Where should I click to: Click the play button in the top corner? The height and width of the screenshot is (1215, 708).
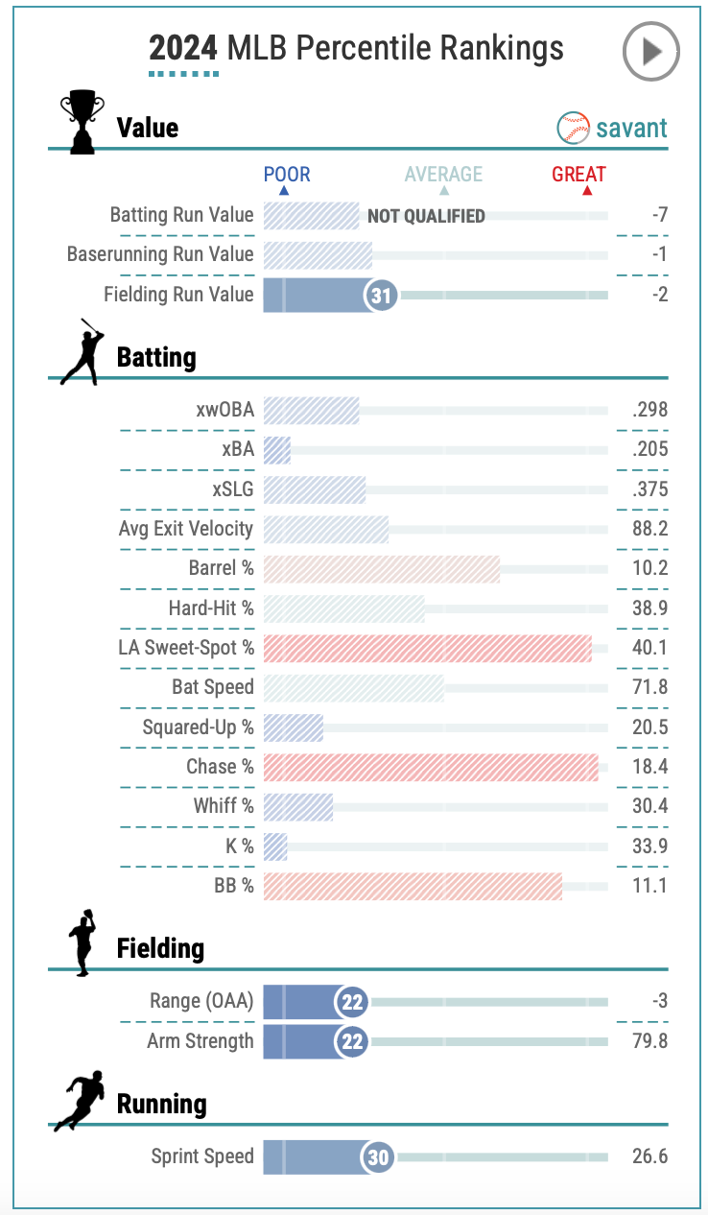(650, 51)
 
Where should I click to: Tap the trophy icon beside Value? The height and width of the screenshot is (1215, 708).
(82, 122)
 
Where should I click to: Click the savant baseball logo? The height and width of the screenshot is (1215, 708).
(574, 128)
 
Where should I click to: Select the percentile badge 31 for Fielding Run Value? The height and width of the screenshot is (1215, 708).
(382, 295)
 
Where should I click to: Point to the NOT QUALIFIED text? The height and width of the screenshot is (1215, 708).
(426, 216)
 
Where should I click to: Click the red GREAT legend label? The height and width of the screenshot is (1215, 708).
(578, 174)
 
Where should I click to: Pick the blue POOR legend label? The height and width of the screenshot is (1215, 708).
(287, 174)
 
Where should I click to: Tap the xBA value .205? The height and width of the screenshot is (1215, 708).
(649, 449)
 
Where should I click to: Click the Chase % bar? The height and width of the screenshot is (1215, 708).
(430, 767)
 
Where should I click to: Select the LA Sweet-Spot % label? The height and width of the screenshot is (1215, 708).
(186, 648)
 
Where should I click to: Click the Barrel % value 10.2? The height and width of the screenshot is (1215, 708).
(649, 568)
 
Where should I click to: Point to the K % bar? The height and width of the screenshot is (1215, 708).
(275, 846)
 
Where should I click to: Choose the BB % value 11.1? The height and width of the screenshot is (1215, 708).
(649, 886)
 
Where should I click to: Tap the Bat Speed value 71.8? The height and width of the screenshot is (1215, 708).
(649, 687)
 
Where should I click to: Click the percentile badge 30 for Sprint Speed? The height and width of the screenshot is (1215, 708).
(379, 1157)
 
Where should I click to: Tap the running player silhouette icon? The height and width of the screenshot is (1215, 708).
(79, 1103)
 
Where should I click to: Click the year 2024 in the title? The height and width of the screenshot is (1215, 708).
(183, 47)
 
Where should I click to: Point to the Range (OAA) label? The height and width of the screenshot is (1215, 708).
(201, 1002)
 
